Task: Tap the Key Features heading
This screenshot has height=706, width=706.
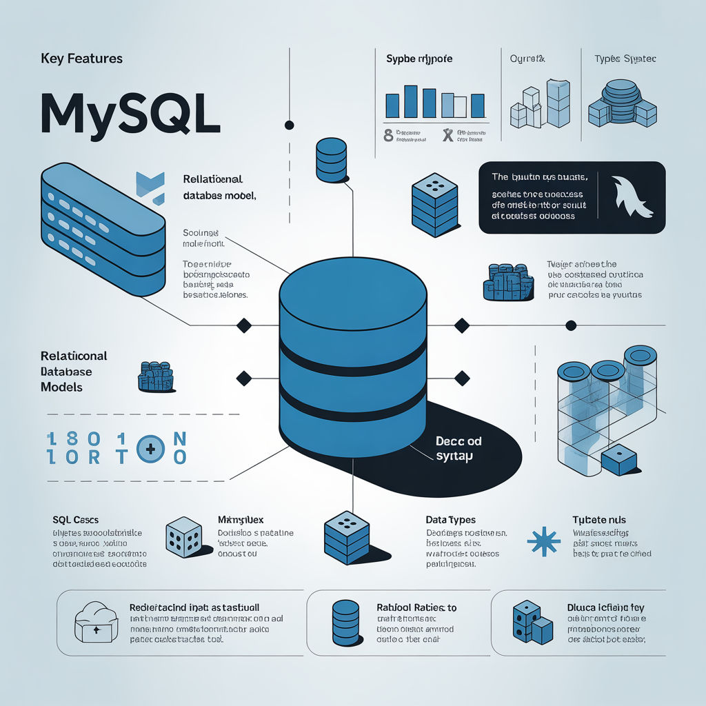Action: point(81,59)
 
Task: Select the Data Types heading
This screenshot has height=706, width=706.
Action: point(450,519)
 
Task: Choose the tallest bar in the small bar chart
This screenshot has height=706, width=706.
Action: point(410,101)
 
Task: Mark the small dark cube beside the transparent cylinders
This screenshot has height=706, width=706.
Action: point(618,459)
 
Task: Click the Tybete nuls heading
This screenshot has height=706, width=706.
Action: point(599,519)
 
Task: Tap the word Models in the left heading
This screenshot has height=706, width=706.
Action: point(61,387)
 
